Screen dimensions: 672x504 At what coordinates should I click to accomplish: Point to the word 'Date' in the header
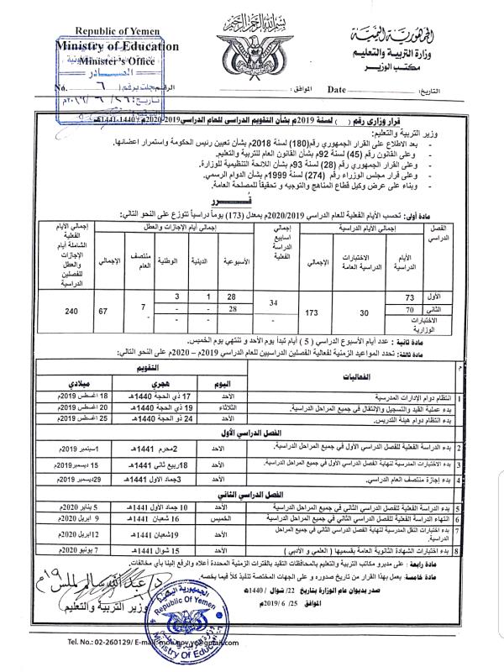pyautogui.click(x=337, y=88)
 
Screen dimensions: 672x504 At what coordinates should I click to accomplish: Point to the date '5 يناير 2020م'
pyautogui.click(x=98, y=508)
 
